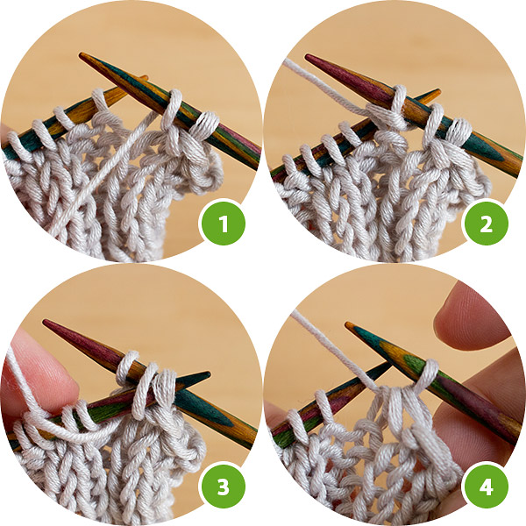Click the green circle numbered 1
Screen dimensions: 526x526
222,223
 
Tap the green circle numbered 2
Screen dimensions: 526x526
485,223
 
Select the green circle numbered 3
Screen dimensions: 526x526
222,486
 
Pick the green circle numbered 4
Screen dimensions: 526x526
485,486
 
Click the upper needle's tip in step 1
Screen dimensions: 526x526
81,54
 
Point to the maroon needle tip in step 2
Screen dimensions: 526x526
307,55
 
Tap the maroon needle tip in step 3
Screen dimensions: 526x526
45,322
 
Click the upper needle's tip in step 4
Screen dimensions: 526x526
347,323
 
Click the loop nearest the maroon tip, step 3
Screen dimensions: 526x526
127,367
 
